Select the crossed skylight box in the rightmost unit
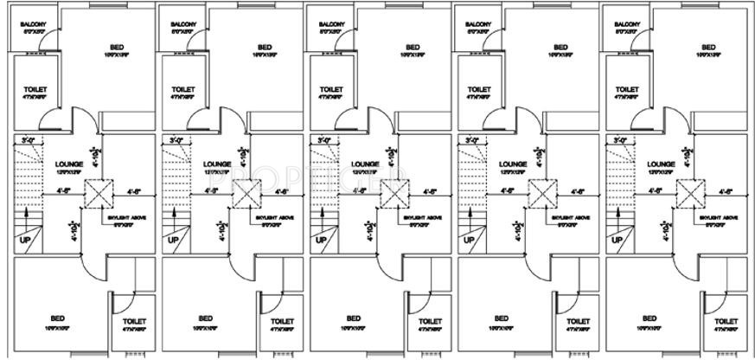pos(689,193)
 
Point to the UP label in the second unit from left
pos(174,240)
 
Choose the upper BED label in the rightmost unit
pos(708,47)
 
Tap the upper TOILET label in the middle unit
pos(332,89)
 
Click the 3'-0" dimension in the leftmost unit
pos(29,140)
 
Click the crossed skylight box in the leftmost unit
pos(98,193)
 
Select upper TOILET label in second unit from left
pos(183,89)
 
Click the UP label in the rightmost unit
pos(617,240)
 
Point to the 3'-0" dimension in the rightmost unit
pos(620,140)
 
